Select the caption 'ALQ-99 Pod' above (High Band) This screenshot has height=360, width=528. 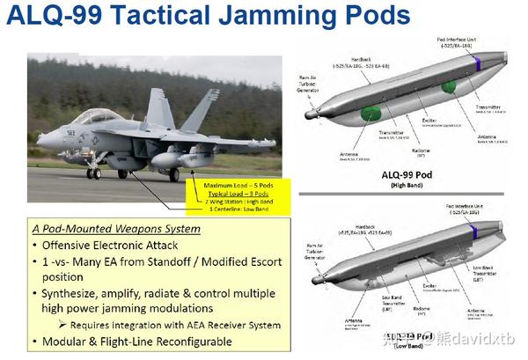[x=408, y=173]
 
